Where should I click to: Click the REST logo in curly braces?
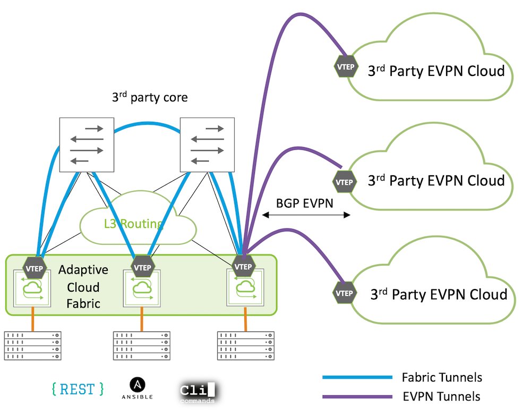[x=78, y=389]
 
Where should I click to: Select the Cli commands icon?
[x=198, y=392]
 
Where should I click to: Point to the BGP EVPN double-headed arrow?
[x=307, y=215]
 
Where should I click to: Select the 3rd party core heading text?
[x=150, y=98]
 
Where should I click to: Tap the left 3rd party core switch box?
[x=87, y=145]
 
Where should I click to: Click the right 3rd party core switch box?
[x=207, y=145]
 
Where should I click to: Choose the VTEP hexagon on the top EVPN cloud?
[x=345, y=67]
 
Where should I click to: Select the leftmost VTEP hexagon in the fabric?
[x=37, y=267]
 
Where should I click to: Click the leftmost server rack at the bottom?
[x=33, y=346]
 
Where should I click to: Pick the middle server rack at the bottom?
[x=142, y=346]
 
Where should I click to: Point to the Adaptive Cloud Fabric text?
[x=83, y=287]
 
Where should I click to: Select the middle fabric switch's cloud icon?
[x=141, y=288]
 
